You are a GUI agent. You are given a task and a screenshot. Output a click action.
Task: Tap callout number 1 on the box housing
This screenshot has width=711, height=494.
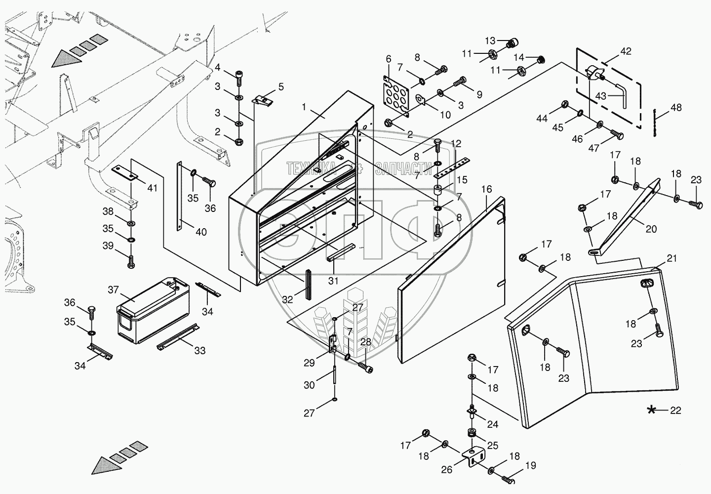pos(305,107)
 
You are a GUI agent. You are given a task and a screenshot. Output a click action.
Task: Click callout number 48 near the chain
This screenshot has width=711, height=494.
pos(676,107)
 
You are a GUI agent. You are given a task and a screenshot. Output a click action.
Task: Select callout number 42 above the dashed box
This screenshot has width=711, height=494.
pos(626,51)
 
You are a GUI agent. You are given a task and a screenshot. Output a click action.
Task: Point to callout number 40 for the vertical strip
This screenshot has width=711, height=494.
pos(201,232)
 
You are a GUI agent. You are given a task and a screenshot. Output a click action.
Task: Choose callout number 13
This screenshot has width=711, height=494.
pos(489,40)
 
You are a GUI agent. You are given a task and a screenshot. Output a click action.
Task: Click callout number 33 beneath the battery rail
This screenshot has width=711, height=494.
pos(199,351)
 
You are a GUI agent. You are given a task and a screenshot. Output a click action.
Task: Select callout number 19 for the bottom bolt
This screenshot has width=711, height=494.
pos(530,465)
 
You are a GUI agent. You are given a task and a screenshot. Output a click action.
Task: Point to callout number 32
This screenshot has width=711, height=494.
pos(287,299)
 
